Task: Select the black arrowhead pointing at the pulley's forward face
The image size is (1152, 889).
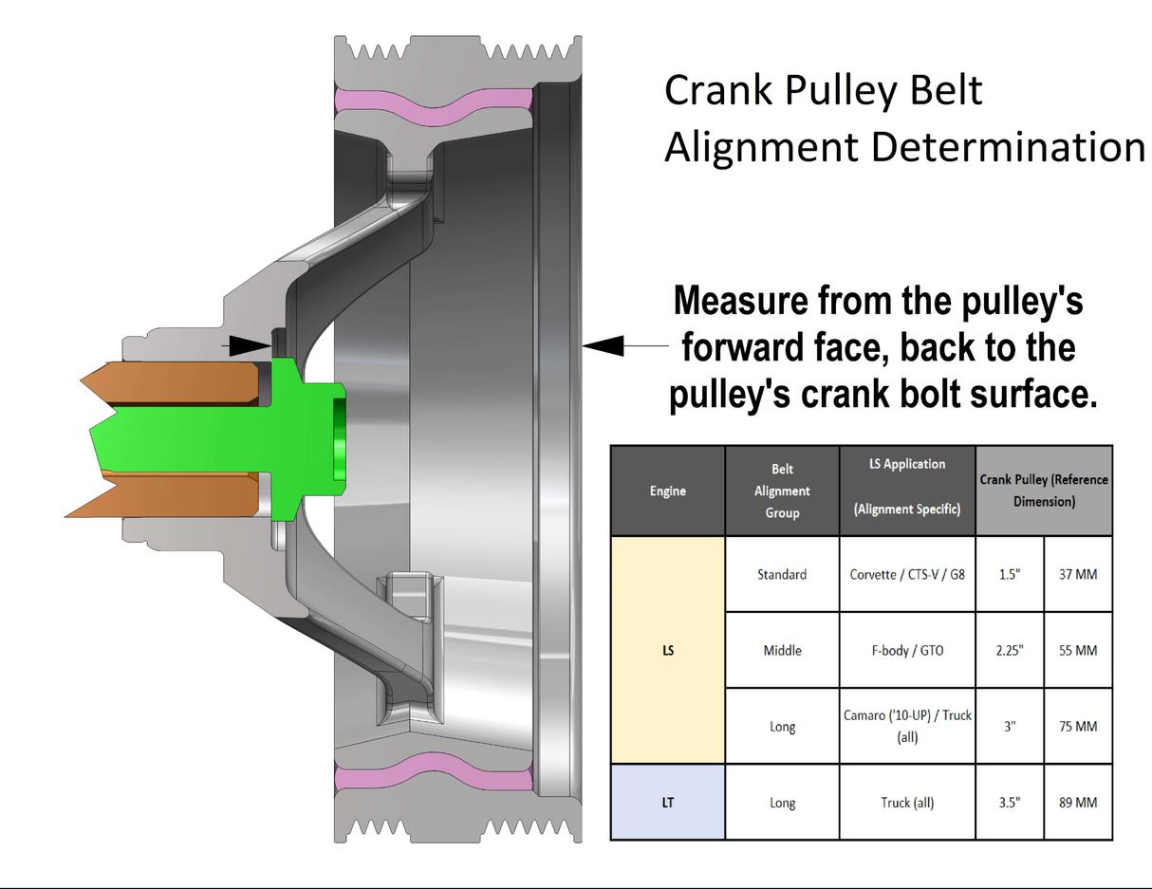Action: [604, 345]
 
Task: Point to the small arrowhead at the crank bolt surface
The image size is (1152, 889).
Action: [251, 346]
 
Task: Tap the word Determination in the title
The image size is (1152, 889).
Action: [1008, 147]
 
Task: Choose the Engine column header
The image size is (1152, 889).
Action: [668, 491]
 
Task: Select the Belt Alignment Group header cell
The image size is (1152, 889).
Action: [782, 491]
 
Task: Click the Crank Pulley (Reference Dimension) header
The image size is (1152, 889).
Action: [1044, 491]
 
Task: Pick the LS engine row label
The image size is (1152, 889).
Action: [668, 650]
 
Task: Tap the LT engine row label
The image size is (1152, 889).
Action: [668, 802]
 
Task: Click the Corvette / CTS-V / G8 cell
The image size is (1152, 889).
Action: [907, 574]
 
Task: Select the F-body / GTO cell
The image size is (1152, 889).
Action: [907, 650]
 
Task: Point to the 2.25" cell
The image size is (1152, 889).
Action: [1010, 650]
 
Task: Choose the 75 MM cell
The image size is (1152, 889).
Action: [1078, 726]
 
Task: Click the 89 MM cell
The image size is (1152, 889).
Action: [1078, 802]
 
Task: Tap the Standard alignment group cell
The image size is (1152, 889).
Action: [782, 574]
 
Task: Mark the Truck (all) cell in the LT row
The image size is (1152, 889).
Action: [907, 802]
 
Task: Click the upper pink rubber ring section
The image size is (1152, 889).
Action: [434, 107]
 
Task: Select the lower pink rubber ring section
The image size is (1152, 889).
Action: [434, 772]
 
